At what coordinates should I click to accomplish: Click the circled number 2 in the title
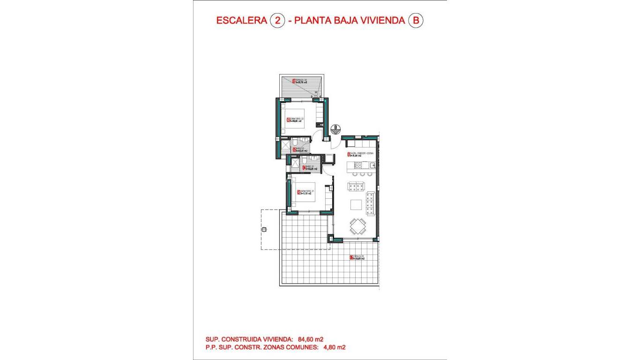278,20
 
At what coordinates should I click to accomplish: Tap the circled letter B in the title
416,20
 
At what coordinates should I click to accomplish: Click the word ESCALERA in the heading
241,20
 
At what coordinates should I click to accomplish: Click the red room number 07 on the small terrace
294,81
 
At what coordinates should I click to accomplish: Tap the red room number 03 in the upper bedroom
288,120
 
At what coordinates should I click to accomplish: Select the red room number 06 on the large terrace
351,257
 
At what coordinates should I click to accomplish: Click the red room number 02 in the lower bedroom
298,192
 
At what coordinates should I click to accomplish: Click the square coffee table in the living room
356,204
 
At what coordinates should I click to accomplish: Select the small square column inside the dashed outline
264,229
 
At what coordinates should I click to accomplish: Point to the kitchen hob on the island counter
359,165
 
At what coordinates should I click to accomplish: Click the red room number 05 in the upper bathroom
294,150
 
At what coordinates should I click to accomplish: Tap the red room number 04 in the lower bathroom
304,168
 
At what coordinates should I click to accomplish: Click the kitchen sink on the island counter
372,165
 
